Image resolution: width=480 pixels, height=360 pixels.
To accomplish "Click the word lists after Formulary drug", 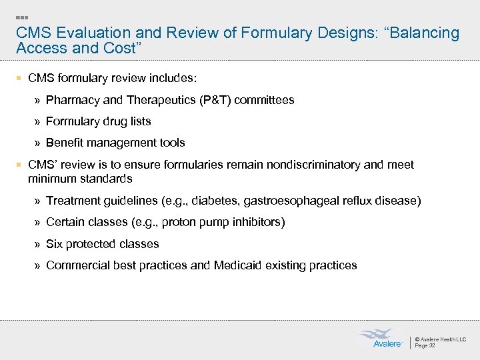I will click(x=139, y=121).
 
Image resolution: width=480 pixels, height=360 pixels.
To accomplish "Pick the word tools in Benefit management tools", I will click(x=171, y=143).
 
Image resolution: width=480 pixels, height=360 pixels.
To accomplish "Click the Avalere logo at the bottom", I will click(x=381, y=338).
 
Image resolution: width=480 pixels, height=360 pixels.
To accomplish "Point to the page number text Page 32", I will click(x=425, y=345).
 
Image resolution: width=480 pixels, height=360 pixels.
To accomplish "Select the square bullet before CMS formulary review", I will click(x=20, y=79).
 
